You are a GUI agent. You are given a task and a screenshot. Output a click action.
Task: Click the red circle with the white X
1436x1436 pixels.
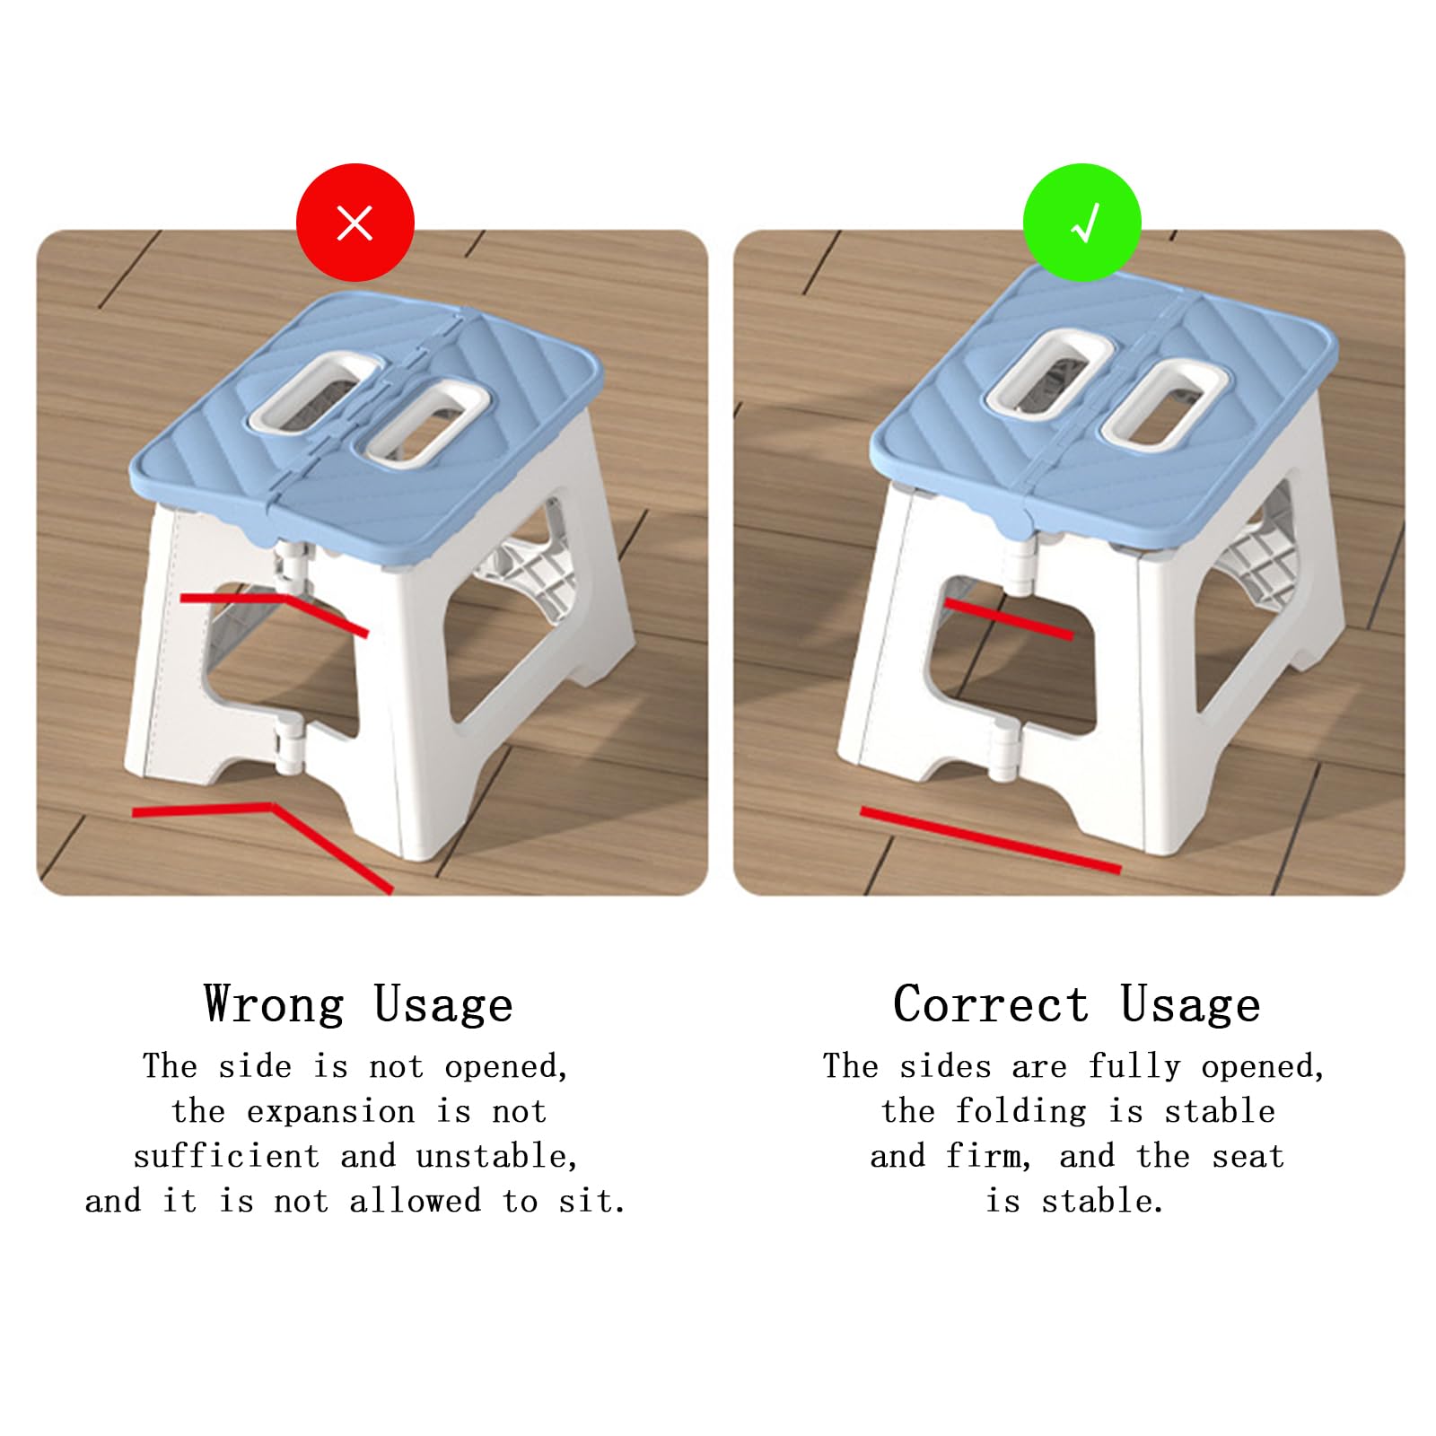coord(355,223)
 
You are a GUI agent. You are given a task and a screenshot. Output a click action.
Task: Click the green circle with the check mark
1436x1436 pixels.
coord(1082,223)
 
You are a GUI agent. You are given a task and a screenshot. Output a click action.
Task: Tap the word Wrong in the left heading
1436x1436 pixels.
coord(274,1004)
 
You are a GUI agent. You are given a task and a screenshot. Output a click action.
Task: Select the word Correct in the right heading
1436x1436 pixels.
coord(991,1004)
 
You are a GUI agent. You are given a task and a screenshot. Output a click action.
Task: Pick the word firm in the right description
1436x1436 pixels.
coord(989,1156)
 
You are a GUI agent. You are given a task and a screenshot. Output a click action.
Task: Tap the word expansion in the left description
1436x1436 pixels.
coord(330,1113)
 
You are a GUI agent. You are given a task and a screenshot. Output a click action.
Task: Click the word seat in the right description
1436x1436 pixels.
coord(1248,1157)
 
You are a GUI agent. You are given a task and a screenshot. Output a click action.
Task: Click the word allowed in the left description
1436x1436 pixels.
coord(416,1201)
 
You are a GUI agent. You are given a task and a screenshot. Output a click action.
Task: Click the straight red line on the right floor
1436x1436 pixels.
coord(991,840)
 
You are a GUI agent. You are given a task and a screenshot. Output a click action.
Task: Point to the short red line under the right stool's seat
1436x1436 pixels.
coord(1008,618)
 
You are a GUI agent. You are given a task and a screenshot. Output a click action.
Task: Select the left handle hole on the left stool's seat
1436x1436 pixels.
coord(311,391)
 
